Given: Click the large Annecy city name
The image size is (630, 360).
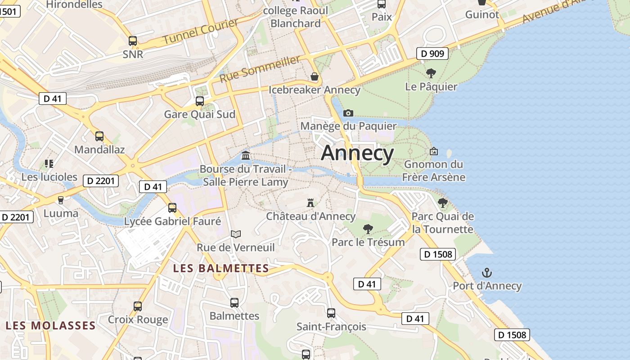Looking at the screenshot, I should [358, 153].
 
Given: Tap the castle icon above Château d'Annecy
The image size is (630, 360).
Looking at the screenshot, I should [310, 203].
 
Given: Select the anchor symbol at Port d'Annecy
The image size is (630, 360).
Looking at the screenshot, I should [486, 273].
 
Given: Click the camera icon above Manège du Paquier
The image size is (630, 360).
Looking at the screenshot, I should [348, 113].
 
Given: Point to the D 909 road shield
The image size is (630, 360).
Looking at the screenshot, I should [432, 54].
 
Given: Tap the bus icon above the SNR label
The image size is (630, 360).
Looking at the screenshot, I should [132, 41].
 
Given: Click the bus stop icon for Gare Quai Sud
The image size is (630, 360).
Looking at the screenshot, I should [199, 101].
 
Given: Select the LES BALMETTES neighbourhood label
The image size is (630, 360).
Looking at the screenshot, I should [221, 269].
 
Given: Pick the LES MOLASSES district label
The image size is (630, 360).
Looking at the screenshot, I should [51, 325].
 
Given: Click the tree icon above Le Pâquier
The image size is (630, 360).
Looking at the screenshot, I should [431, 73].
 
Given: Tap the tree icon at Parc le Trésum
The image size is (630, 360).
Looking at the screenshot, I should [368, 229].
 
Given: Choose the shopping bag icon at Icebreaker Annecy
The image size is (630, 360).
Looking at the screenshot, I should [315, 76].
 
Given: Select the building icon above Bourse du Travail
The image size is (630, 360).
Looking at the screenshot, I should [246, 156].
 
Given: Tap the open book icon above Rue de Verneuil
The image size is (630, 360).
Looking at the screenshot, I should [236, 234].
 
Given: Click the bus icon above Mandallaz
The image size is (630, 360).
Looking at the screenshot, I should [99, 136].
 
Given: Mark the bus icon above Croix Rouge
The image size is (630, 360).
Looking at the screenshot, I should [138, 306].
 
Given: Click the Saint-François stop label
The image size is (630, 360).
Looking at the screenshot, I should [331, 327].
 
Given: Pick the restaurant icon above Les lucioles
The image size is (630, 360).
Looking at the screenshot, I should [49, 164].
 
